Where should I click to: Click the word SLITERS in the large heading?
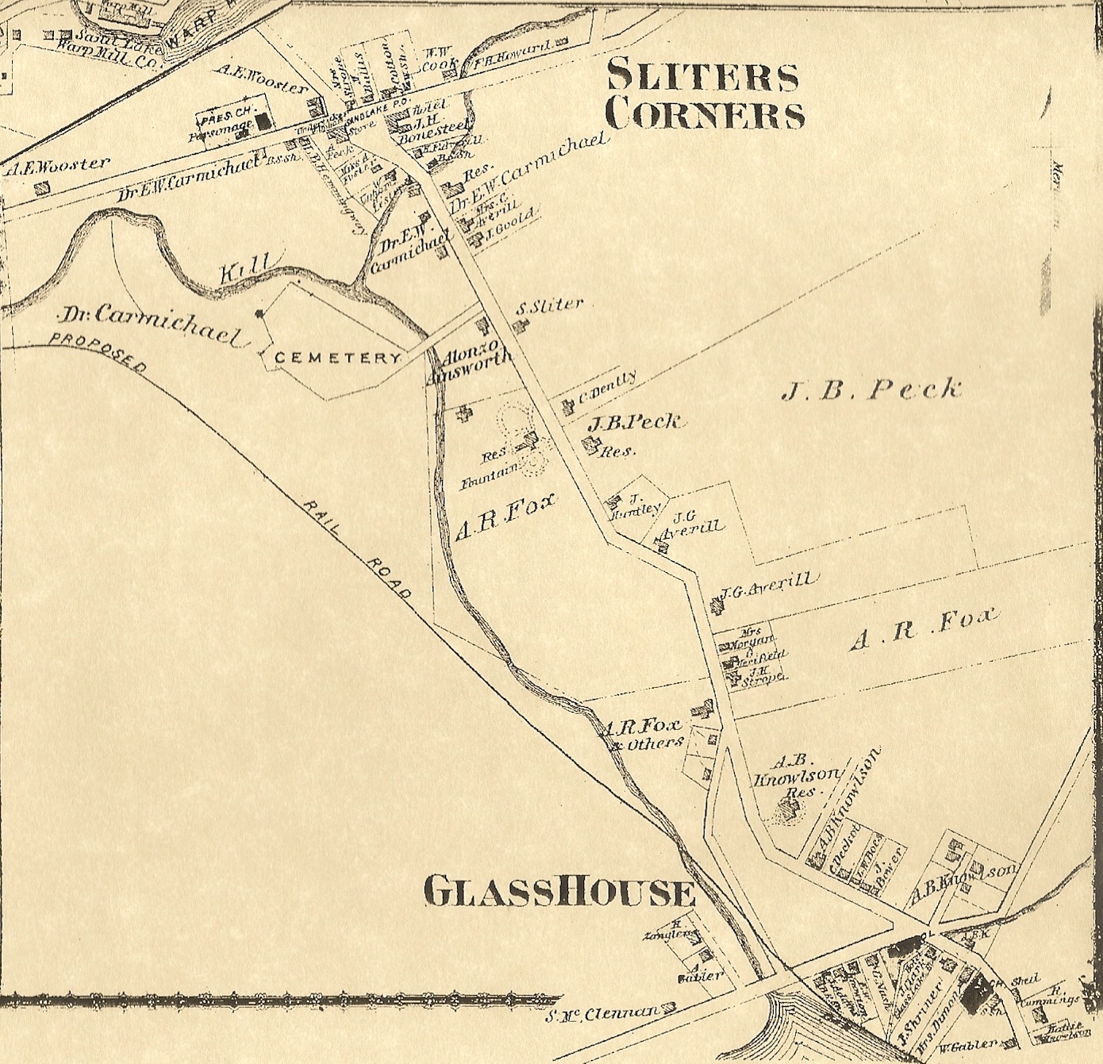[x=702, y=76]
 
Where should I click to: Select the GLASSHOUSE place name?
[x=559, y=891]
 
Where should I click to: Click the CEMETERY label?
[x=337, y=358]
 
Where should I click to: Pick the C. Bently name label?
[x=607, y=388]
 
